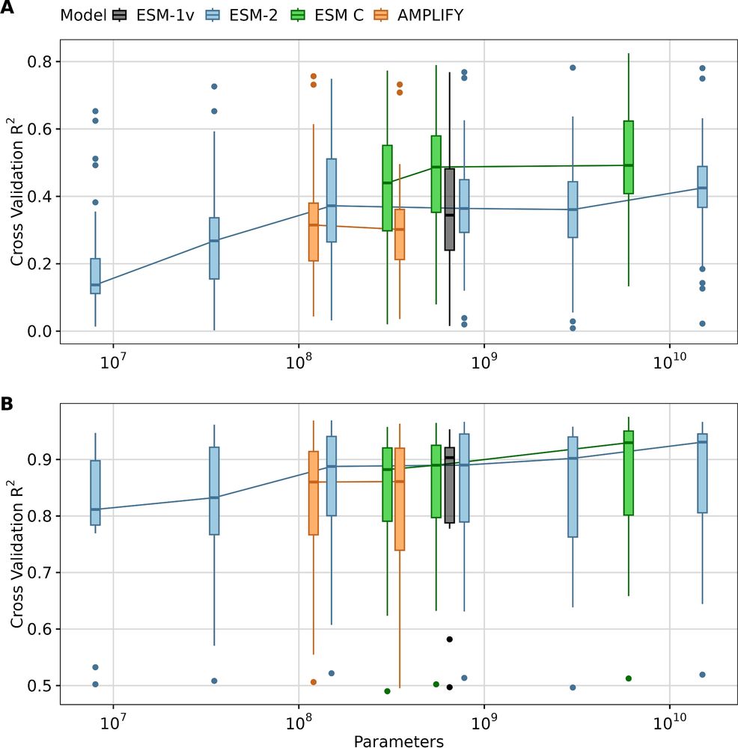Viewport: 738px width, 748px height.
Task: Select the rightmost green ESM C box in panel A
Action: tap(629, 157)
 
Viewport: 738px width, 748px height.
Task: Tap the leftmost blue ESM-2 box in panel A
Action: tap(95, 275)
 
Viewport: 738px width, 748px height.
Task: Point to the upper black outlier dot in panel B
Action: tap(449, 639)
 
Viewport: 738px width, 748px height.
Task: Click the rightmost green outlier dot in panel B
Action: tap(629, 678)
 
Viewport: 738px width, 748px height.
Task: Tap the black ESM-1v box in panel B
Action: tap(449, 486)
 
